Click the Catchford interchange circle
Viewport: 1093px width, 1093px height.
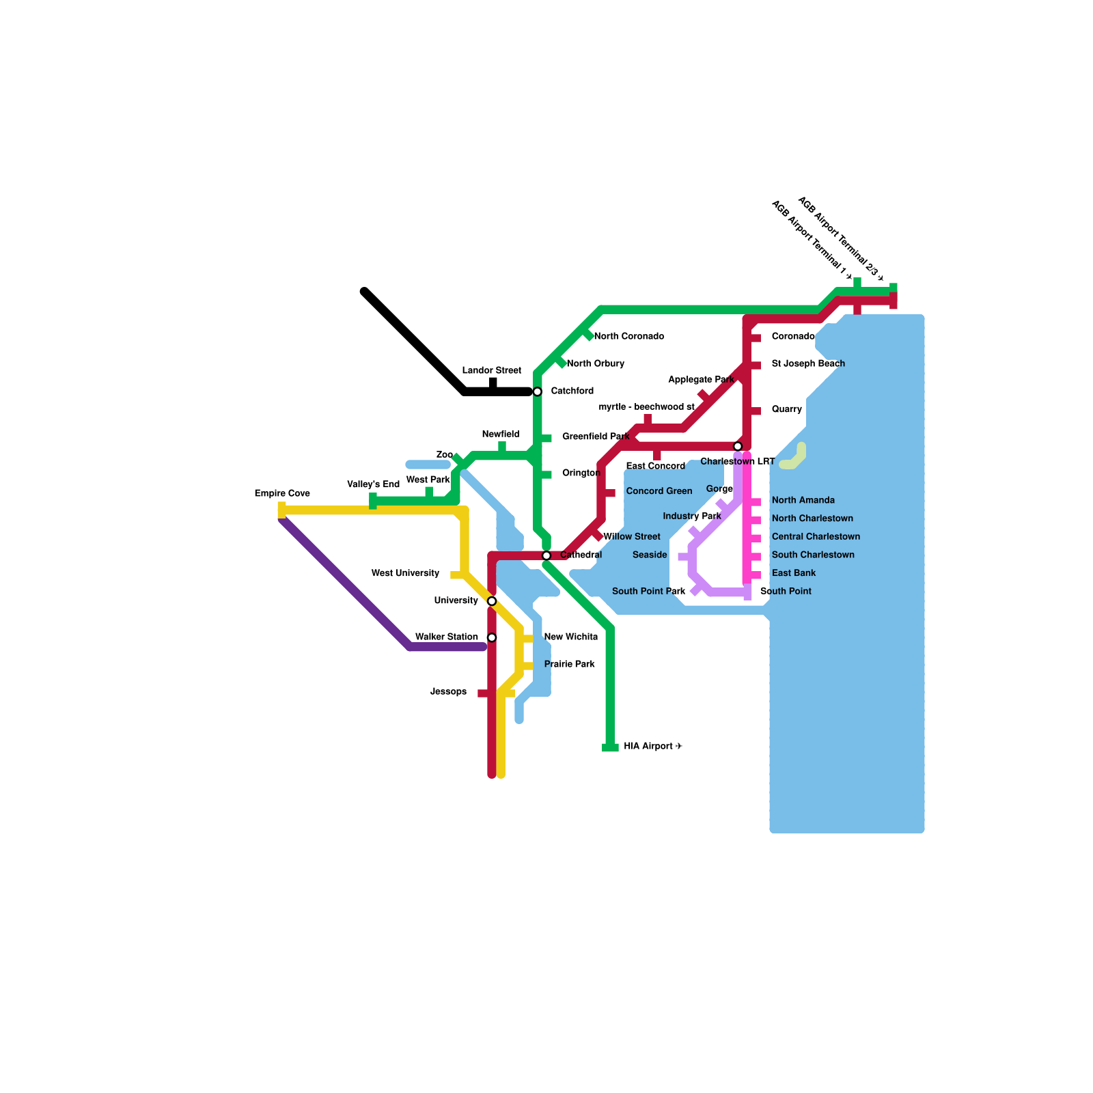tap(538, 391)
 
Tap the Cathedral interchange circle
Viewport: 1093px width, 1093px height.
tap(546, 555)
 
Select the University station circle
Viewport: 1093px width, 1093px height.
tap(492, 601)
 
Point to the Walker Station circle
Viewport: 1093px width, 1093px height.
tap(492, 638)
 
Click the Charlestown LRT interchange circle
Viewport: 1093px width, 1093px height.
tap(738, 446)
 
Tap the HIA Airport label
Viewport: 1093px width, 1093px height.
tap(652, 747)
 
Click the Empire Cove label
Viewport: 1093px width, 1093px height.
tap(282, 493)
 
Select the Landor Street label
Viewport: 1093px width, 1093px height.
tap(491, 370)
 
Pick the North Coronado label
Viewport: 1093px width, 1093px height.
tap(628, 336)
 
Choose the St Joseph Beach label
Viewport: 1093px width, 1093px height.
tap(808, 363)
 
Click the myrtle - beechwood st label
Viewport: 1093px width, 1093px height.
tap(646, 406)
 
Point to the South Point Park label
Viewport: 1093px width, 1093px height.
tap(648, 591)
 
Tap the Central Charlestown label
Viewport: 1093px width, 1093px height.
tap(816, 536)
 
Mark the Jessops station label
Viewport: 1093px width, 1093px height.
tap(448, 692)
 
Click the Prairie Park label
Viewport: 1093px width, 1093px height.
tap(569, 664)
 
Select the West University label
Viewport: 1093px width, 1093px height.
tap(405, 573)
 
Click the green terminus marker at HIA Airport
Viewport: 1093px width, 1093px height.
tap(610, 747)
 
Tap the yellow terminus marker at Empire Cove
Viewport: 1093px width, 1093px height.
tap(281, 510)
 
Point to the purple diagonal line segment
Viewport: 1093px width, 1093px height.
tap(345, 583)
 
